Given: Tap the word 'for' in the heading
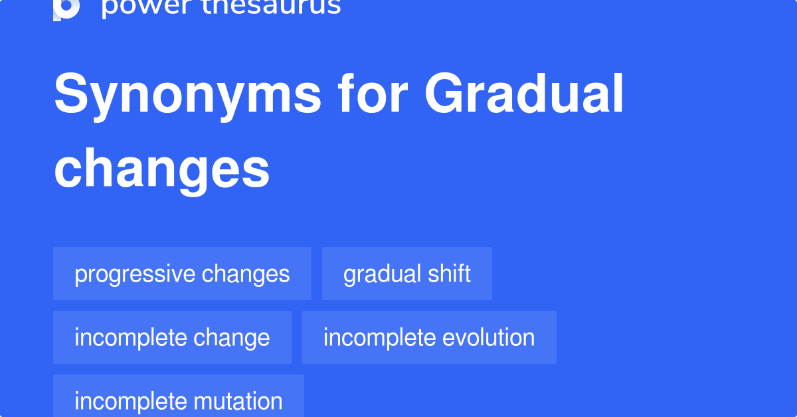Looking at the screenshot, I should [x=372, y=95].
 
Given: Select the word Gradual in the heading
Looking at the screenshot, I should [x=525, y=95].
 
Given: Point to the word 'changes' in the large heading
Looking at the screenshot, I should [x=162, y=169].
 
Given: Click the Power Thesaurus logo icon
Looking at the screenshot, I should [x=66, y=8].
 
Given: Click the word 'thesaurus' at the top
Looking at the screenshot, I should [x=269, y=7].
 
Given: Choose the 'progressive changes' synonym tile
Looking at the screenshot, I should [x=182, y=274].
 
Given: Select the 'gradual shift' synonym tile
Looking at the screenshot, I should [x=406, y=274].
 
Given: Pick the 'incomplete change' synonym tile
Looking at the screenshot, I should [x=172, y=337].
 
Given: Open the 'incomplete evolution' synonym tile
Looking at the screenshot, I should [x=429, y=337].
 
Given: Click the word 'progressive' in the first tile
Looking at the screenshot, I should [x=135, y=274].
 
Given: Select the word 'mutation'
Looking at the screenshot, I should [x=238, y=401].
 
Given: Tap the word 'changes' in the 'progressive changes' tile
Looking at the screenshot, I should [x=246, y=274].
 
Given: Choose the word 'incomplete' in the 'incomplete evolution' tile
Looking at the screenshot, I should [x=370, y=337].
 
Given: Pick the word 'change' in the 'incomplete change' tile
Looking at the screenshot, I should [x=232, y=338].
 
